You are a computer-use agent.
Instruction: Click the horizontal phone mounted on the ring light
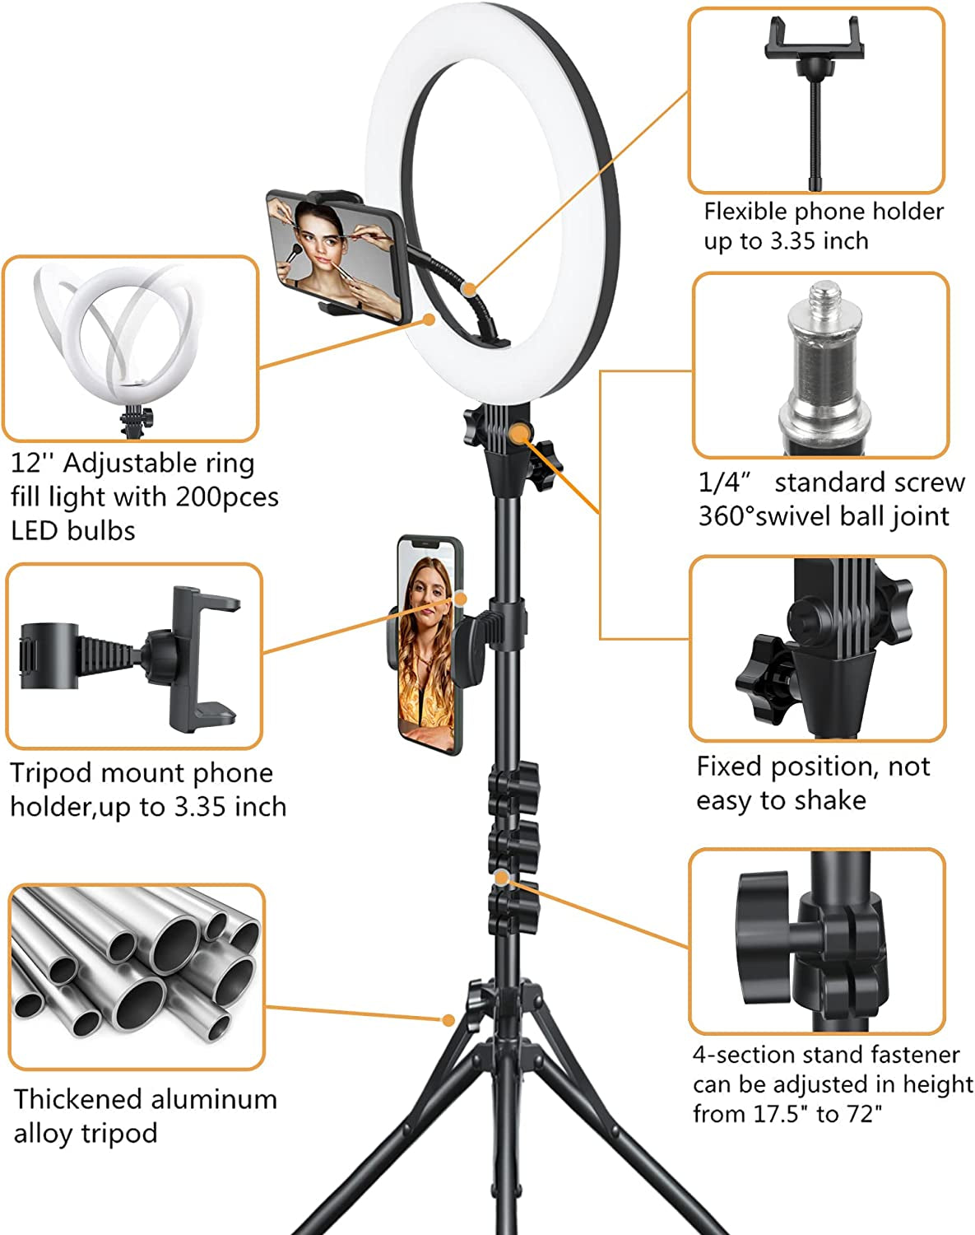336,256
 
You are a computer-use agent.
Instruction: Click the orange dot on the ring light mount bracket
519,433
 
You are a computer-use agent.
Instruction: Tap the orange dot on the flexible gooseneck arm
468,289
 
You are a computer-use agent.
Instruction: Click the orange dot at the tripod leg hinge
448,1020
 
